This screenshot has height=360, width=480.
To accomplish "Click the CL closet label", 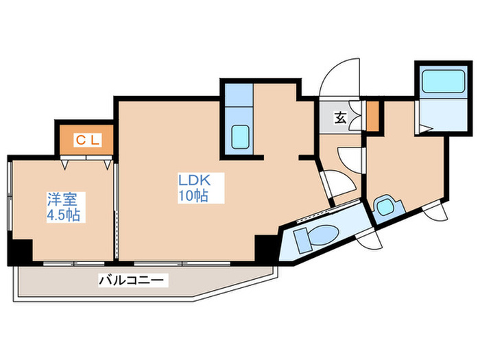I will pyautogui.click(x=88, y=140).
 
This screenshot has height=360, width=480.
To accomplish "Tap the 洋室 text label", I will pyautogui.click(x=62, y=200).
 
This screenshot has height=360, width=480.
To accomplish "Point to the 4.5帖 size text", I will pyautogui.click(x=64, y=215).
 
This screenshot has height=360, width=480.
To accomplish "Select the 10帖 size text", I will pyautogui.click(x=194, y=196).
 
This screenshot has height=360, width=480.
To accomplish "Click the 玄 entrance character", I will pyautogui.click(x=339, y=117).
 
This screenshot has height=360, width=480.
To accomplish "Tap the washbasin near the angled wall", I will pyautogui.click(x=385, y=206).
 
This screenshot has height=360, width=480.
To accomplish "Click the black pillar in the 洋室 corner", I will pyautogui.click(x=21, y=252).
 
